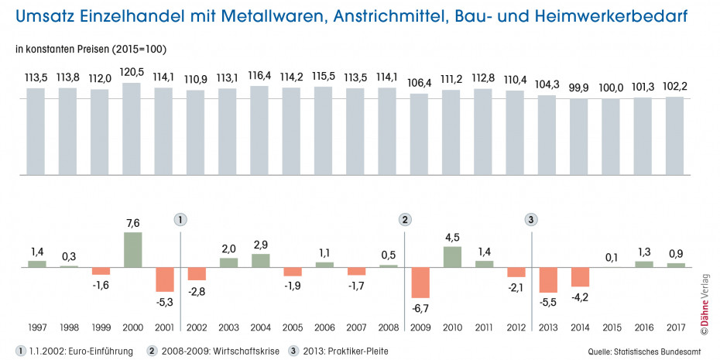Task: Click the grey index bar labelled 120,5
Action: click(x=132, y=127)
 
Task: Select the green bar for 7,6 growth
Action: click(x=132, y=249)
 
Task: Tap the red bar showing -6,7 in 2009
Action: click(x=420, y=283)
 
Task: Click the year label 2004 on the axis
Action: click(x=260, y=328)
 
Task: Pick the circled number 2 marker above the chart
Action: click(x=405, y=219)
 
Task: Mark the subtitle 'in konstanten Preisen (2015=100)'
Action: click(x=91, y=49)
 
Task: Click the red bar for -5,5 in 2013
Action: click(x=548, y=280)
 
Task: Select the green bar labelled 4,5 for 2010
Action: click(x=452, y=257)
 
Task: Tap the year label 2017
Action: click(x=676, y=328)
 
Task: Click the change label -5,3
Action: click(x=164, y=302)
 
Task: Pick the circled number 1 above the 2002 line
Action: click(x=180, y=219)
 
